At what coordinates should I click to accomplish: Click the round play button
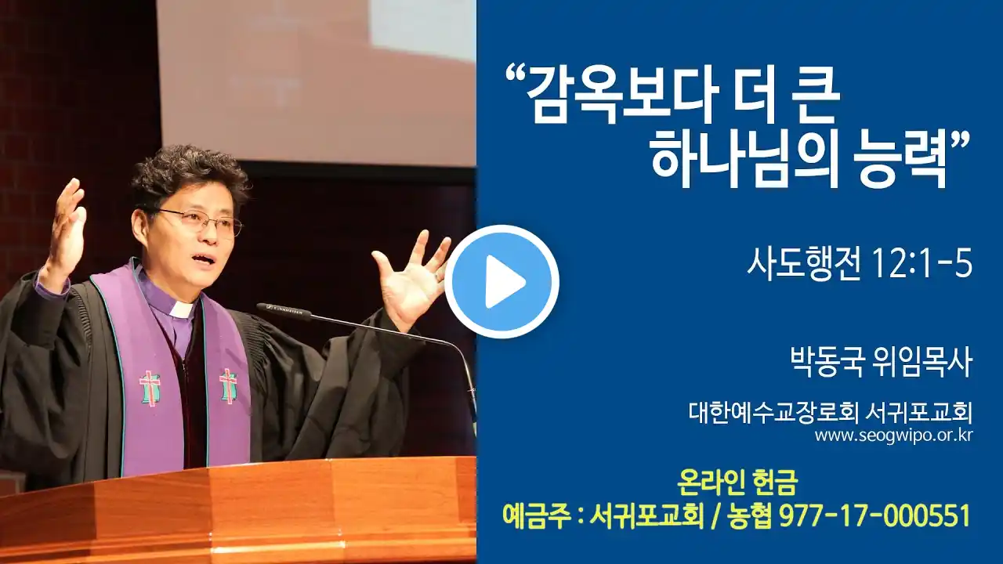(501, 281)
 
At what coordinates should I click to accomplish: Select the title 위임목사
(922, 362)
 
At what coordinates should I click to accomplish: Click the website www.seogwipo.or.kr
(893, 436)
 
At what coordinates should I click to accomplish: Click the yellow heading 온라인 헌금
(737, 484)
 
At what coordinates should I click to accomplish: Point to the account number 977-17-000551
(874, 515)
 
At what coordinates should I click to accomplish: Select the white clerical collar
(181, 308)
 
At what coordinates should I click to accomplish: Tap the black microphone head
(283, 311)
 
